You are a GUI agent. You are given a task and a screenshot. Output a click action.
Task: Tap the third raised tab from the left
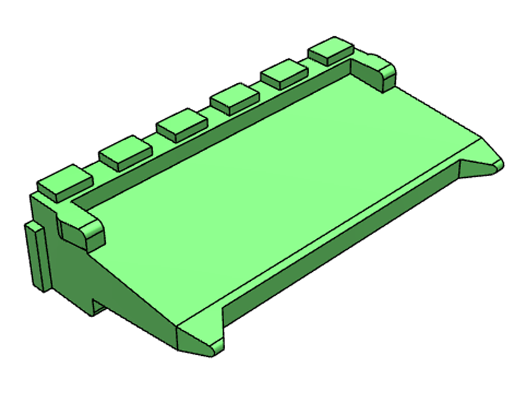[181, 123]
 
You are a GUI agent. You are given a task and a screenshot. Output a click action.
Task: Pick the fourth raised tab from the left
[234, 98]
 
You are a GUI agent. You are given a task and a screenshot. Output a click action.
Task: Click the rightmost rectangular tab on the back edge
[331, 49]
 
